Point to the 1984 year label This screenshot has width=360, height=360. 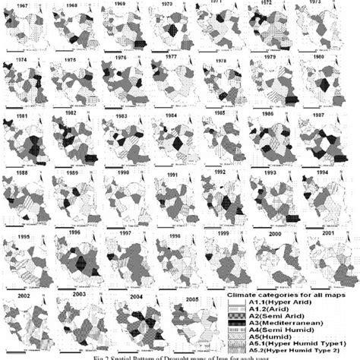[x=172, y=115]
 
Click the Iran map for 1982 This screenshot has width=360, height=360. [x=76, y=141]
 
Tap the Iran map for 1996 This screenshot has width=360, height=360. [x=76, y=258]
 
